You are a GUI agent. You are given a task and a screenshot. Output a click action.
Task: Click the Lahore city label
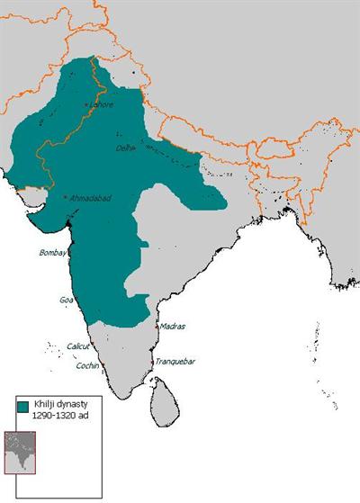[x=102, y=104]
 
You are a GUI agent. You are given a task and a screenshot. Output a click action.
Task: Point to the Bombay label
[x=52, y=253]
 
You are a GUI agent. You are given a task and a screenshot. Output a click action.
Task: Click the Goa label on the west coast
[x=65, y=299]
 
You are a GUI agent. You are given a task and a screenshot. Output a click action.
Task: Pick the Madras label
[x=173, y=327]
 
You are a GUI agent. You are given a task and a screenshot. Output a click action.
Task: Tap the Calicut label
[x=79, y=346]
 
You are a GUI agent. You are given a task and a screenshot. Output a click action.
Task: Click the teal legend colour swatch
[x=23, y=408]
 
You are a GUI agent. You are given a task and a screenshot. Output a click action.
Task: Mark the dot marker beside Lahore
[x=86, y=105]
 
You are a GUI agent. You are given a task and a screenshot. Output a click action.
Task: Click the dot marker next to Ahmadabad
[x=66, y=197]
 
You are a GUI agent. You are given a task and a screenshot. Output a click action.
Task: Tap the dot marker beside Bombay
[x=68, y=254]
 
